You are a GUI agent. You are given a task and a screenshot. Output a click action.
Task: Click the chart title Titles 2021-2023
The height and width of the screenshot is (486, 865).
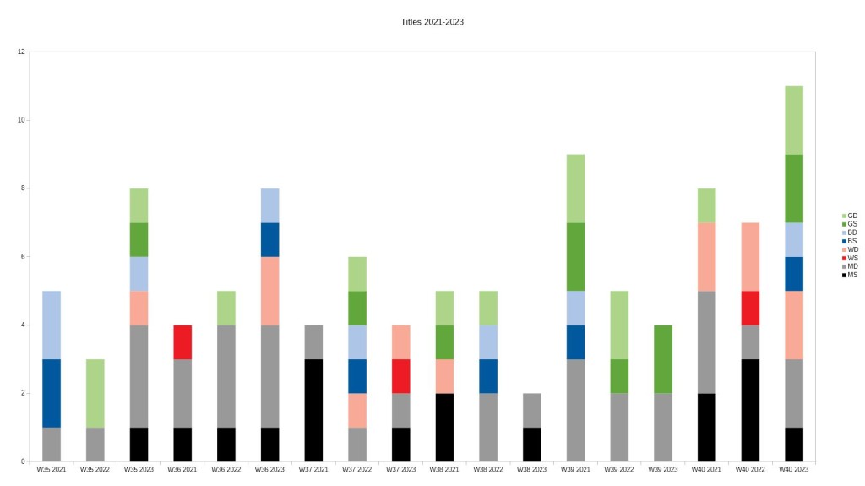point(432,22)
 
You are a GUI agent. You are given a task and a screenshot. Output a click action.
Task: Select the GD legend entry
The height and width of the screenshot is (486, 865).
point(851,216)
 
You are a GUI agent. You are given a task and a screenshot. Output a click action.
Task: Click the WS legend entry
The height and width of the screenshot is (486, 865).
point(851,258)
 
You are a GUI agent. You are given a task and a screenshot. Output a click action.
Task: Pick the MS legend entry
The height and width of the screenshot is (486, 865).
point(851,275)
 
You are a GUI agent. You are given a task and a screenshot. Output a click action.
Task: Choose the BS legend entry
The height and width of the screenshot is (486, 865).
point(851,241)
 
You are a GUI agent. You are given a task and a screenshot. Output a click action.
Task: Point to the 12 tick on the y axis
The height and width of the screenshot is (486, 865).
point(20,52)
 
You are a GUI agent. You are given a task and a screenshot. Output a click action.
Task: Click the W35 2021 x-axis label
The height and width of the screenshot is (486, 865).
point(52,468)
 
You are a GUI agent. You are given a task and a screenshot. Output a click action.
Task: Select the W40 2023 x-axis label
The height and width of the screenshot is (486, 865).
point(793,468)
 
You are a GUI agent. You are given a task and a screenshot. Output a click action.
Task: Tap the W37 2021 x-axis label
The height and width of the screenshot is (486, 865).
point(313,468)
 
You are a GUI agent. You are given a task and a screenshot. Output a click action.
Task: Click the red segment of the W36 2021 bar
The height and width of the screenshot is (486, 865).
point(182,341)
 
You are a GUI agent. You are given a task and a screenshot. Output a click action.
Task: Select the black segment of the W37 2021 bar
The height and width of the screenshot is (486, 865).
point(313,410)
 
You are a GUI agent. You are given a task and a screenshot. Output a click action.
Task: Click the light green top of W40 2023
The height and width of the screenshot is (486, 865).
point(793,120)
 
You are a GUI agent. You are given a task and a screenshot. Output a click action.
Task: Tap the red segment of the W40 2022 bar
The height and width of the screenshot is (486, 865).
point(749,308)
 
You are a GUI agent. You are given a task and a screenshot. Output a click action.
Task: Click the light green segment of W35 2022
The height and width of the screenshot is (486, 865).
point(95,393)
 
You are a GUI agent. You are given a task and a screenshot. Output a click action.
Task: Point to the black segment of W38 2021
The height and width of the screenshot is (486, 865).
point(443,427)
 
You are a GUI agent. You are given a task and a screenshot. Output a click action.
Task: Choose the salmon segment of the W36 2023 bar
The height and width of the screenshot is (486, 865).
point(269,291)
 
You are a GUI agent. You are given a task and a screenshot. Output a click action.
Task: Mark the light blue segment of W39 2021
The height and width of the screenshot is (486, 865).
point(575,308)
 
